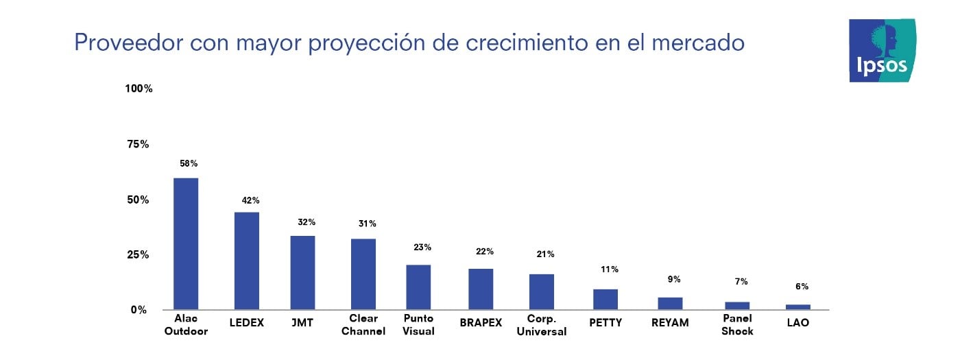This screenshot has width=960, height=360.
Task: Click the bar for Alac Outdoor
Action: click(186, 243)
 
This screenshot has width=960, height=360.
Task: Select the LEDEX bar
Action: click(247, 261)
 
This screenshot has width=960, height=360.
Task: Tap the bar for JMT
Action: click(302, 272)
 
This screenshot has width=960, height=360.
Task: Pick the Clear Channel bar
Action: click(363, 274)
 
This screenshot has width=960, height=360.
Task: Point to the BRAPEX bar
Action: click(481, 289)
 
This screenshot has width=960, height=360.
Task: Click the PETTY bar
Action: click(605, 299)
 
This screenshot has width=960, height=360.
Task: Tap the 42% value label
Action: click(250, 201)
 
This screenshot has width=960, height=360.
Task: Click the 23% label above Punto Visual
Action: click(422, 248)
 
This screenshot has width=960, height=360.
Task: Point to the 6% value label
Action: click(802, 287)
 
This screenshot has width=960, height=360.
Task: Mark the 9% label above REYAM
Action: click(674, 280)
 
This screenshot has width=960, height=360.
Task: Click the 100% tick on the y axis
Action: click(139, 89)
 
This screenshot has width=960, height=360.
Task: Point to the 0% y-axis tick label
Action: click(139, 310)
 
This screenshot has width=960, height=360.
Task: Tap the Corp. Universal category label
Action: click(547, 326)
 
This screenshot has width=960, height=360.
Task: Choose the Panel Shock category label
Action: click(737, 325)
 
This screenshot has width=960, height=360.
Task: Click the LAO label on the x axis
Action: click(797, 322)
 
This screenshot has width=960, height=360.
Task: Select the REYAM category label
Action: click(670, 322)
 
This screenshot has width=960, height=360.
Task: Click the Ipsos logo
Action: click(881, 51)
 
